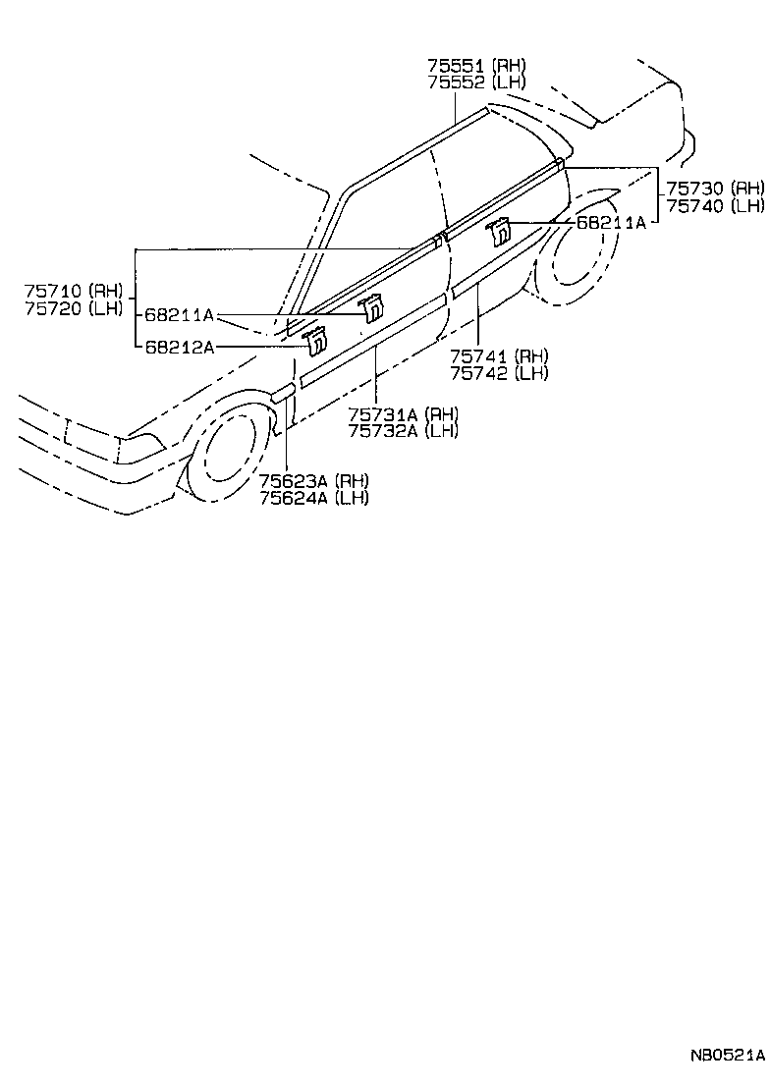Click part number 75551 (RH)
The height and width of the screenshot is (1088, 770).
click(476, 66)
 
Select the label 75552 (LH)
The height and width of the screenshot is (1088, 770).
click(476, 82)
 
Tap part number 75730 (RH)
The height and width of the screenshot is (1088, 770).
click(714, 189)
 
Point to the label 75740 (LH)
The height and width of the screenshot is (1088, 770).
click(714, 205)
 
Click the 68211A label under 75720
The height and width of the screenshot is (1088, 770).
click(180, 315)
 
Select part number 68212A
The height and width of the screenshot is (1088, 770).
click(180, 346)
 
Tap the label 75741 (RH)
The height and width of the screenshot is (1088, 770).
click(499, 355)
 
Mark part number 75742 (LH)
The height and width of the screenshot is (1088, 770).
click(499, 372)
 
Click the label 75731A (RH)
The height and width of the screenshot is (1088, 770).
click(403, 413)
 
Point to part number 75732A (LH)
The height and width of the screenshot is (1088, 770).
click(403, 430)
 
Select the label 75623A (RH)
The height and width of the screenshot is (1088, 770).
click(314, 480)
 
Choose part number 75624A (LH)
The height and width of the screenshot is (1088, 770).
click(314, 497)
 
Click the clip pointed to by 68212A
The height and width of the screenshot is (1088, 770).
click(315, 342)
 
